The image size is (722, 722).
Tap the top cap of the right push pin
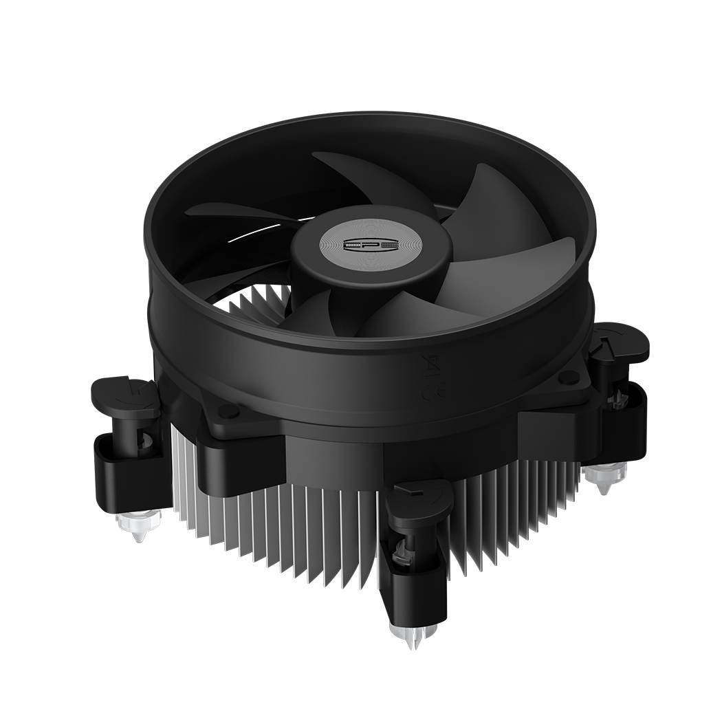pos(619,342)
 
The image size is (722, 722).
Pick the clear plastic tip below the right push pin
pos(605,477)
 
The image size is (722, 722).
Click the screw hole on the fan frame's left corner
pos(228,411)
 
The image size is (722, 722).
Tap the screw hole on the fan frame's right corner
pos(568,377)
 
